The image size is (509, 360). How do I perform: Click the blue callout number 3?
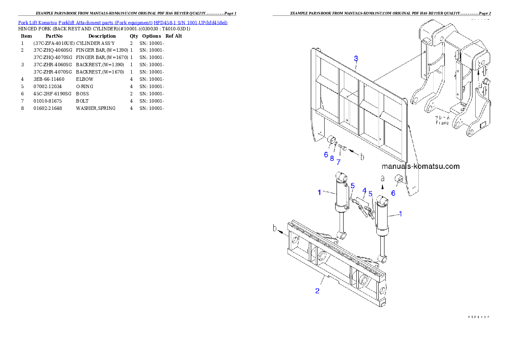tap(355, 59)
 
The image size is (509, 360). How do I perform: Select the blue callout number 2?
tap(317, 291)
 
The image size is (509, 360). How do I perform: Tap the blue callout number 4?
tap(364, 190)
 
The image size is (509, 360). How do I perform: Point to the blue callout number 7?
tap(338, 162)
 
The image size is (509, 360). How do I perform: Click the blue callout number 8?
tap(331, 158)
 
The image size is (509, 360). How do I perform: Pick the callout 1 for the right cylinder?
tap(400, 213)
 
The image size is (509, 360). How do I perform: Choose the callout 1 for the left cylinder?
tap(319, 192)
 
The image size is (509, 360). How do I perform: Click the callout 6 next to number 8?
tap(326, 154)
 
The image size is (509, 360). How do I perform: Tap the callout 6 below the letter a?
tap(393, 193)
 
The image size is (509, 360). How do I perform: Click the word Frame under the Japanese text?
tap(442, 123)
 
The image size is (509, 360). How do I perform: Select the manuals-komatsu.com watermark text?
tap(420, 166)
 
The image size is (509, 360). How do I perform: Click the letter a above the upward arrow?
tap(383, 177)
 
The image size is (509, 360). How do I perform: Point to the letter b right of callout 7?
tap(362, 157)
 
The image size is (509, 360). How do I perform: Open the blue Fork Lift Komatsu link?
tap(122, 22)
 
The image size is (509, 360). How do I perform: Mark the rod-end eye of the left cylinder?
tap(342, 235)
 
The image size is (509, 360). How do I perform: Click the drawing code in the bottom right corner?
tap(478, 317)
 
